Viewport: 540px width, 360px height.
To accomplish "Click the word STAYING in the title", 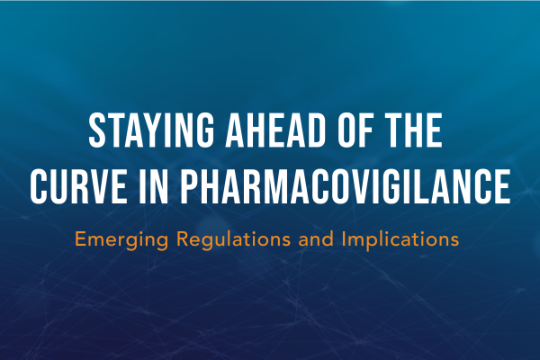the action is [151, 130].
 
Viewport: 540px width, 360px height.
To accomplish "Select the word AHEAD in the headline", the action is [275, 130].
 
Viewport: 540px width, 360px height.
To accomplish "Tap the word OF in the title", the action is [355, 130].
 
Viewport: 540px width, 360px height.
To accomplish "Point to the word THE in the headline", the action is [414, 130].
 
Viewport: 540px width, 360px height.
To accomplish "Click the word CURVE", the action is [78, 186].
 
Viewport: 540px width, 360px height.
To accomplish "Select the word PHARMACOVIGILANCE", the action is [346, 186].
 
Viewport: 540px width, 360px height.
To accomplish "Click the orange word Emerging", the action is [121, 239].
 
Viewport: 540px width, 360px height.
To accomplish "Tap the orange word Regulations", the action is [233, 238].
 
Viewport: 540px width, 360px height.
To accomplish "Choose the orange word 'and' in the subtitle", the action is [316, 238].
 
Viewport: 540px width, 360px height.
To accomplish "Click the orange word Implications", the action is [400, 239].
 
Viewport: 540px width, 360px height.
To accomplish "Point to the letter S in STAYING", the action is [97, 130].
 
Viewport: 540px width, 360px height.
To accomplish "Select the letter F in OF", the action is [366, 130].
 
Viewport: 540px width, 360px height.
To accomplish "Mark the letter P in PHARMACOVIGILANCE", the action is [190, 186].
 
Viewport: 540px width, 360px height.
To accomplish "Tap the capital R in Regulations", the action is [183, 238].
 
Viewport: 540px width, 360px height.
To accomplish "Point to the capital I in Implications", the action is [344, 238].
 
